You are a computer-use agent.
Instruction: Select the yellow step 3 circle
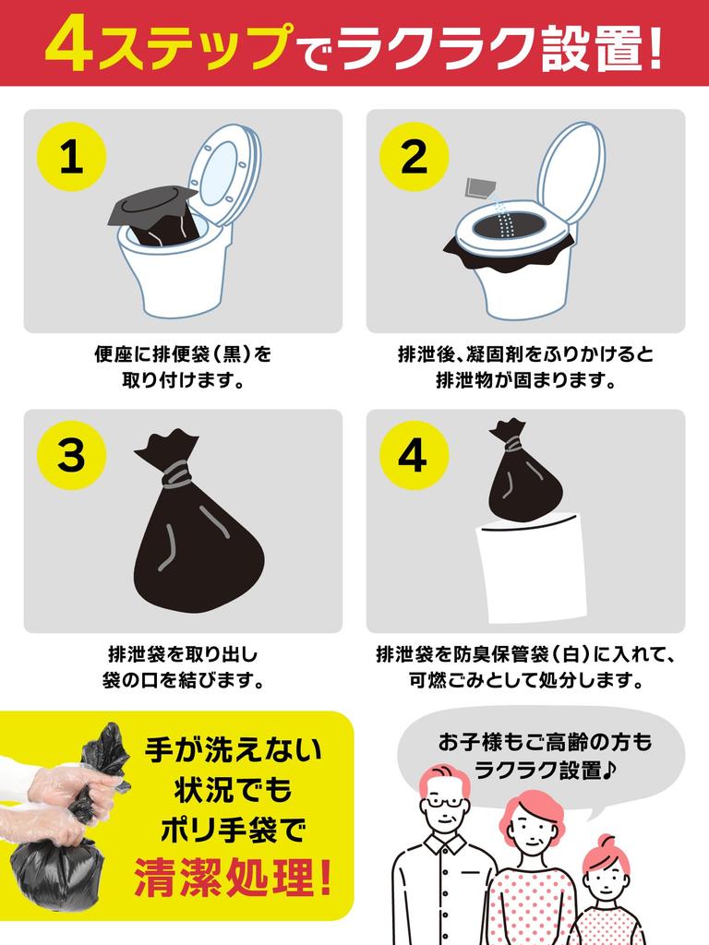[71, 457]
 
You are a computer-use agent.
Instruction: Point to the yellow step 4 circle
[415, 457]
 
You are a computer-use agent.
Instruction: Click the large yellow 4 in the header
[70, 46]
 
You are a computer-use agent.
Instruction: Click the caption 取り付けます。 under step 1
[183, 380]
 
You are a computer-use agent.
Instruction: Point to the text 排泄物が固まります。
[526, 380]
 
